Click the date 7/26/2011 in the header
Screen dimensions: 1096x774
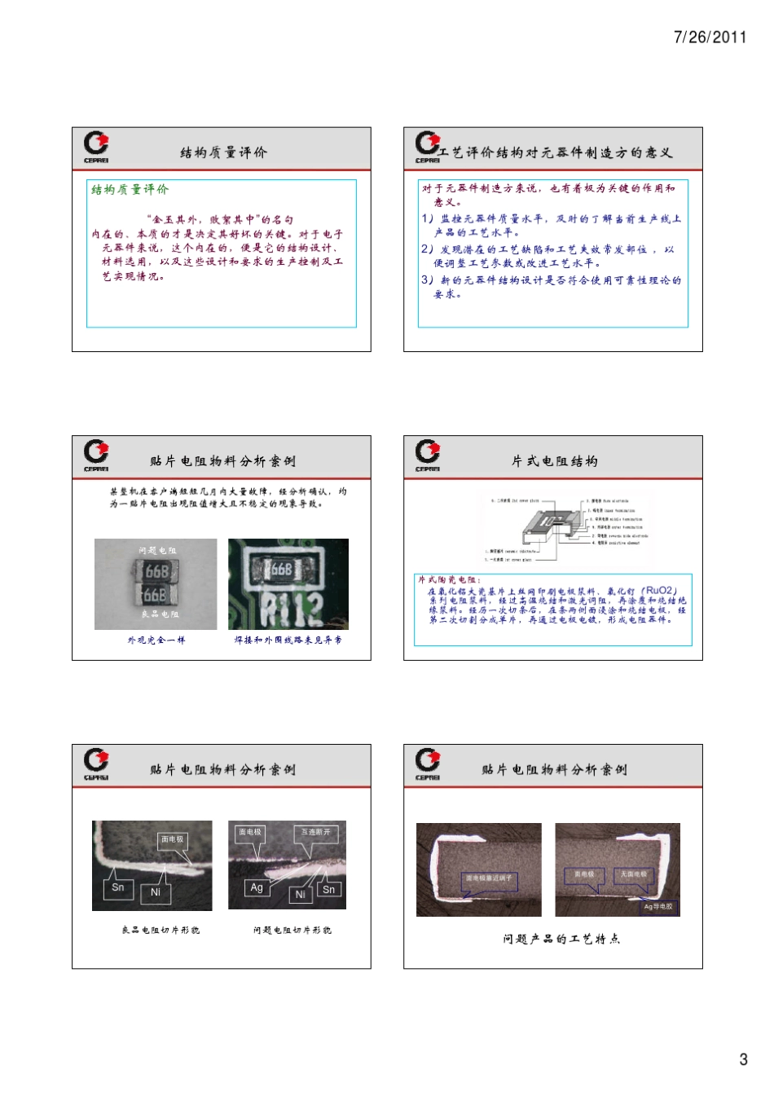point(710,37)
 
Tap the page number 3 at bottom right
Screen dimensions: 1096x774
point(742,1059)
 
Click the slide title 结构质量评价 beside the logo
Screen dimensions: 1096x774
point(223,152)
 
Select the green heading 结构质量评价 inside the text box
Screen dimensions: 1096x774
point(130,190)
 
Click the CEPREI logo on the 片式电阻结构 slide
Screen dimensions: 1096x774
point(428,455)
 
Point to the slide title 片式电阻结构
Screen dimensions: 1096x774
point(554,461)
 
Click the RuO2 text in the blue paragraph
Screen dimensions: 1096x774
point(661,591)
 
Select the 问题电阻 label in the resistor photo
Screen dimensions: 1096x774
point(156,551)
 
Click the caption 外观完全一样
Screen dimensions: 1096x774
point(156,640)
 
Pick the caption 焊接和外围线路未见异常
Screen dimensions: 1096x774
point(288,640)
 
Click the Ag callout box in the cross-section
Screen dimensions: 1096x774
point(257,887)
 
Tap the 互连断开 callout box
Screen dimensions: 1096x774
point(316,832)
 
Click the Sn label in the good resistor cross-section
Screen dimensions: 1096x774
point(118,887)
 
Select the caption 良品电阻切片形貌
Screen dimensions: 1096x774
point(161,930)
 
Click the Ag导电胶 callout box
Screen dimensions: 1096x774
point(658,906)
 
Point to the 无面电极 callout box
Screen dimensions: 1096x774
point(634,874)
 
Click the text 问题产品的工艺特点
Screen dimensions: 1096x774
point(561,939)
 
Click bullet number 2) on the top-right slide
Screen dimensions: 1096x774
point(428,249)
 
